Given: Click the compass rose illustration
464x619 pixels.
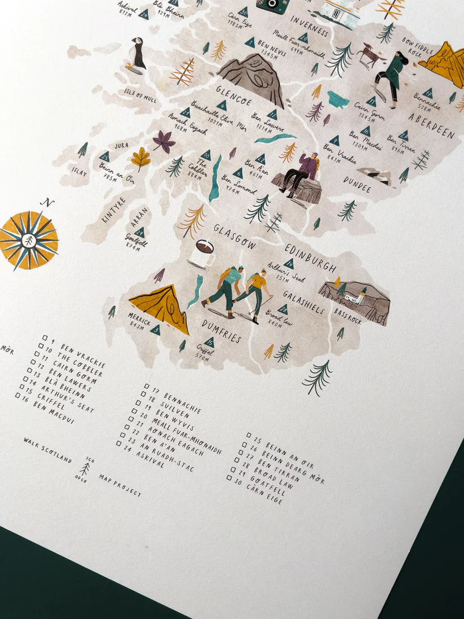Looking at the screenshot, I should pos(28,240).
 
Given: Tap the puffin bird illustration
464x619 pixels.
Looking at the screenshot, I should pos(136,54).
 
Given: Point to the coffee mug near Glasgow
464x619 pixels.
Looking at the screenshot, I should pos(202,253).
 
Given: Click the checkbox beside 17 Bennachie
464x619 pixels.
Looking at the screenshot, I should pos(147,387).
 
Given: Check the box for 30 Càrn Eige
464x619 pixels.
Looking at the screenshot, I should pos(229,477).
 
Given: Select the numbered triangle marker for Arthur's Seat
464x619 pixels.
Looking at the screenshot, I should pos(289,264).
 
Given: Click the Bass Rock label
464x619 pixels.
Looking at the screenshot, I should pos(347,315).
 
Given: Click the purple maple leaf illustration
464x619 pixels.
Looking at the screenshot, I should pos(163,141).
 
